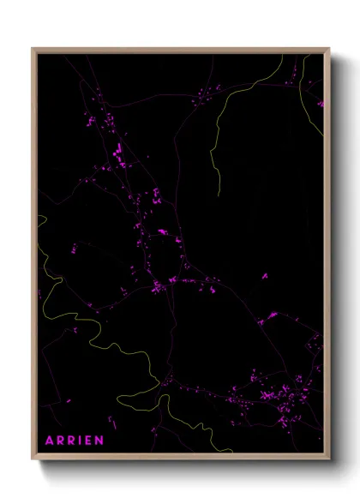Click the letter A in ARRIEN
pyautogui.click(x=50, y=441)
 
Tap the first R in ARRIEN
pyautogui.click(x=61, y=441)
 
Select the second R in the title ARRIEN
pyautogui.click(x=72, y=441)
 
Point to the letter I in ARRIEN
pyautogui.click(x=81, y=441)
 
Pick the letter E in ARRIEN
pyautogui.click(x=89, y=441)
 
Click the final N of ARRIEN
pyautogui.click(x=100, y=441)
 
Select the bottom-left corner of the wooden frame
pyautogui.click(x=33, y=459)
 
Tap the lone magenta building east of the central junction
pyautogui.click(x=264, y=276)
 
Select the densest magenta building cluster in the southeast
pyautogui.click(x=283, y=396)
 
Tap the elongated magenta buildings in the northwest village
pyautogui.click(x=117, y=153)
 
